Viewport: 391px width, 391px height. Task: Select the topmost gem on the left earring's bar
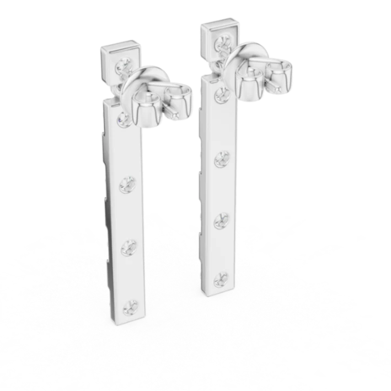pos(123,118)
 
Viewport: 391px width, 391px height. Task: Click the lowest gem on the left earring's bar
pos(131,305)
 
